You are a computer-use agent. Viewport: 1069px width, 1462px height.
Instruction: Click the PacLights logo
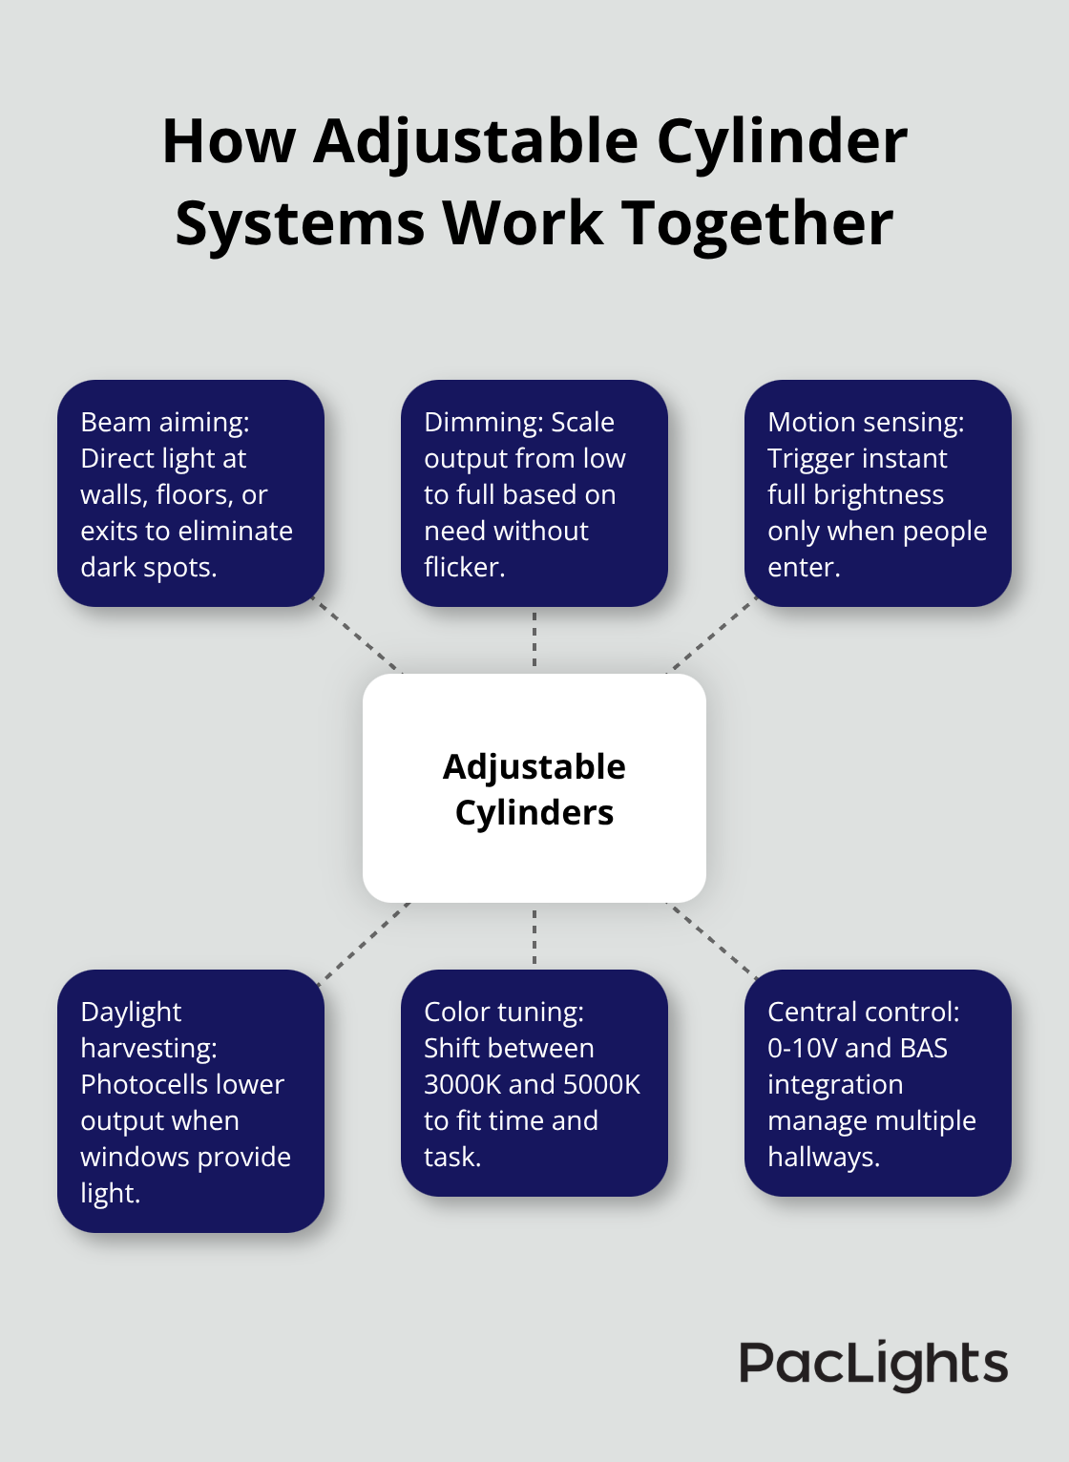tap(872, 1364)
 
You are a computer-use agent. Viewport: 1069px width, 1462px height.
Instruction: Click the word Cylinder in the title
tap(782, 141)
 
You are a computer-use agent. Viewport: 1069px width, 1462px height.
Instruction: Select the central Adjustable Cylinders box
tap(534, 788)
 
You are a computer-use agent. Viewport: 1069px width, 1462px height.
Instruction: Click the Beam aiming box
tap(191, 493)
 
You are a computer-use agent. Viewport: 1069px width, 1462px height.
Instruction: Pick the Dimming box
tap(534, 493)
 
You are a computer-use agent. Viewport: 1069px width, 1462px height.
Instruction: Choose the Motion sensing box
tap(877, 493)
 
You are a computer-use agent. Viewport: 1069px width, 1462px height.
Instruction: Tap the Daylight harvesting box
tap(191, 1101)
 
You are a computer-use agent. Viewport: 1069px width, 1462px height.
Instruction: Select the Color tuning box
tap(534, 1083)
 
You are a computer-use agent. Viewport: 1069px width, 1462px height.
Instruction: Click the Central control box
tap(877, 1083)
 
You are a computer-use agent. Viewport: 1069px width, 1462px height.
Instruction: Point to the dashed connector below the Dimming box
tap(534, 640)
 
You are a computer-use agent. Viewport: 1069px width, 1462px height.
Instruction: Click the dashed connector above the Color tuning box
tap(534, 936)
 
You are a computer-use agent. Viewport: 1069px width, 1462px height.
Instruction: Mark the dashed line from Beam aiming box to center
tap(360, 638)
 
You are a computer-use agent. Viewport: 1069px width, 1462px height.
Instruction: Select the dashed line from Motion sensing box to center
tap(711, 637)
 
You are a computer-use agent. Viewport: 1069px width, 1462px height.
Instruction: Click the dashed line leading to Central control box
tap(711, 940)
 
